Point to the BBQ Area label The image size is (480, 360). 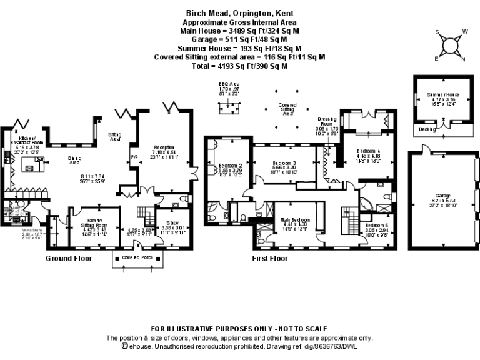click(229, 83)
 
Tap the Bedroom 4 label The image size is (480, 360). click(369, 151)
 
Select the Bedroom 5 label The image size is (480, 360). click(377, 225)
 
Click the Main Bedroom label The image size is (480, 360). click(294, 220)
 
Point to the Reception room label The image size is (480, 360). click(165, 147)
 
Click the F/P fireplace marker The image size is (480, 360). click(134, 156)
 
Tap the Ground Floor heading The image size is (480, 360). click(69, 258)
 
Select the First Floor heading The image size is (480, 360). click(270, 258)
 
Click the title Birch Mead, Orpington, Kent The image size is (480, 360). click(239, 12)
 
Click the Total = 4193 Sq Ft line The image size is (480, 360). click(239, 66)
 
